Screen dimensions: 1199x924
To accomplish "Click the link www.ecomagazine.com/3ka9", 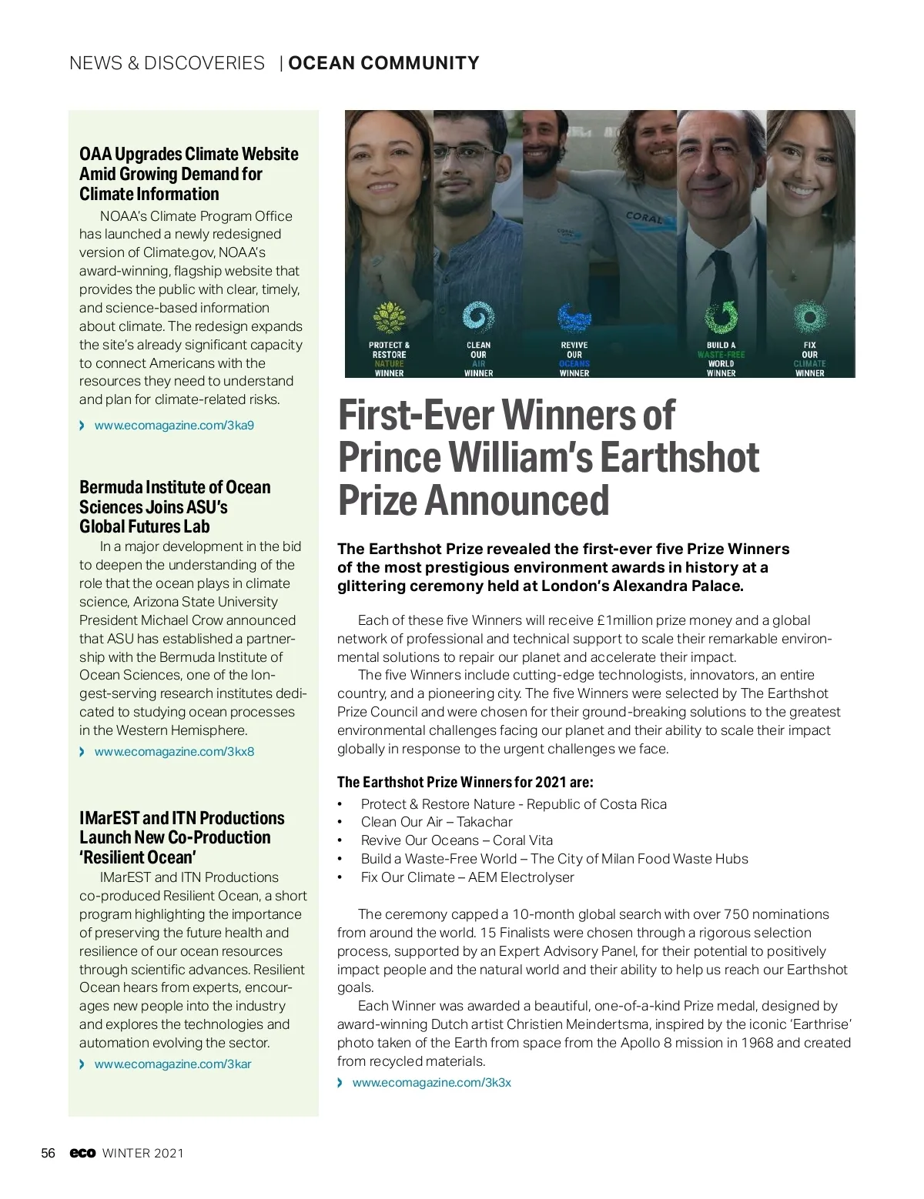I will click(x=174, y=425).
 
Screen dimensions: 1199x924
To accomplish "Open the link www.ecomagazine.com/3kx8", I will click(x=174, y=751).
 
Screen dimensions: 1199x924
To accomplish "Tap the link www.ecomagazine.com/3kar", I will click(x=172, y=1064).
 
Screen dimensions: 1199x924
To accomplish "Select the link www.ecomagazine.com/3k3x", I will click(x=431, y=1083).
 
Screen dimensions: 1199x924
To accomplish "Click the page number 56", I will click(x=48, y=1153).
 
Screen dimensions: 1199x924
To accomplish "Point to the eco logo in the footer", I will click(x=82, y=1153).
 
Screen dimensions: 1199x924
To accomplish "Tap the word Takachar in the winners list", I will click(x=484, y=822).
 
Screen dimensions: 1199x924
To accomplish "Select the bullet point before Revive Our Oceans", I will click(x=340, y=840).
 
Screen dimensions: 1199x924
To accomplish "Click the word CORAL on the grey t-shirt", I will click(x=643, y=218).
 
